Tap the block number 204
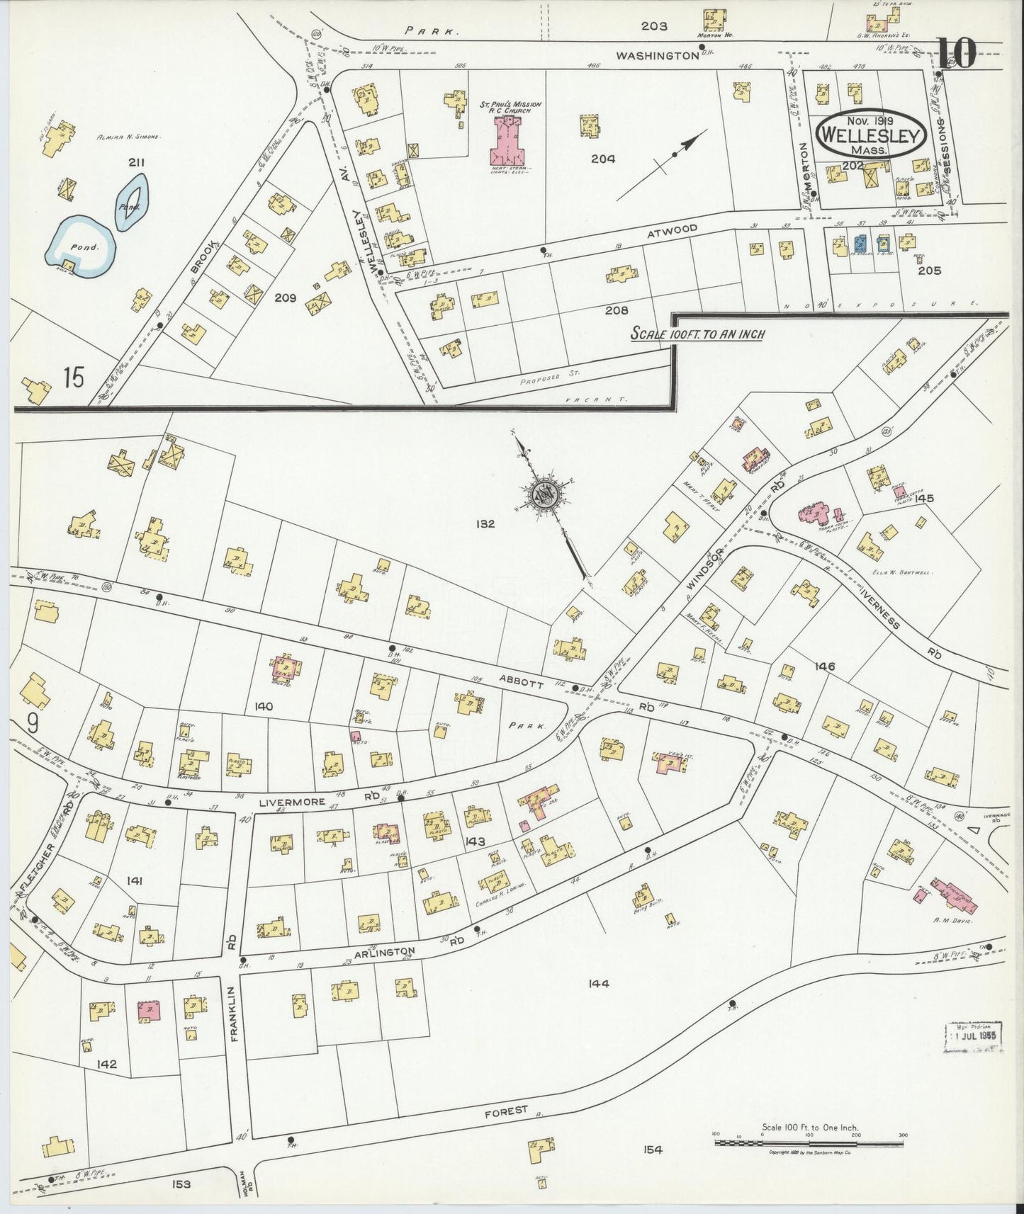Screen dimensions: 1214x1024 pyautogui.click(x=603, y=159)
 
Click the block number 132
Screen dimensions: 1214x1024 pyautogui.click(x=485, y=524)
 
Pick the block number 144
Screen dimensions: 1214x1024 pyautogui.click(x=599, y=983)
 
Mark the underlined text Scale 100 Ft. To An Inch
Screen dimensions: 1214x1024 pyautogui.click(x=698, y=334)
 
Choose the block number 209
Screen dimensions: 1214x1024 pyautogui.click(x=286, y=298)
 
